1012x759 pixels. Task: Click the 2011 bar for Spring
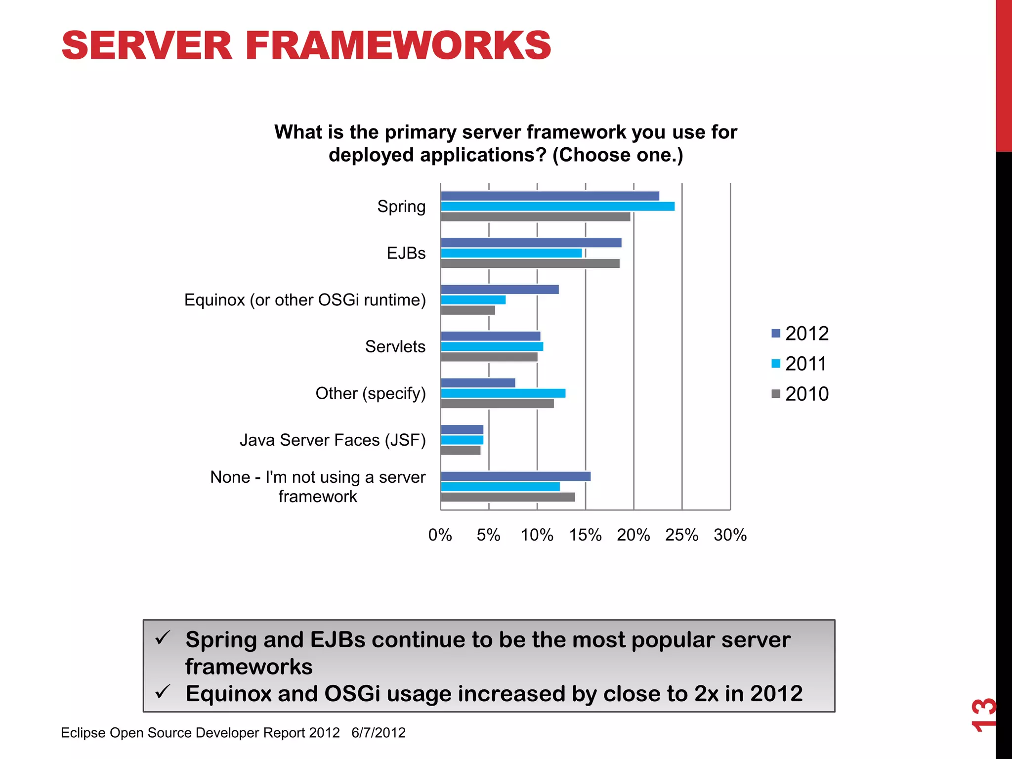point(557,207)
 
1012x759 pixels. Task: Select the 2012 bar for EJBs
point(531,243)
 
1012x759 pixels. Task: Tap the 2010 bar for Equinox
point(467,310)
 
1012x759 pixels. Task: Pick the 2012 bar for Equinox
point(500,290)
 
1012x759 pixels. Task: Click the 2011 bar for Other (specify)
point(503,393)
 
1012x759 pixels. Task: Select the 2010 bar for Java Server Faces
point(460,451)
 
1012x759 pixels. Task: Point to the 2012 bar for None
point(515,476)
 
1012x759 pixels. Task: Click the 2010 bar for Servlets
point(489,357)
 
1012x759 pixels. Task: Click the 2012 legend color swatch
point(776,334)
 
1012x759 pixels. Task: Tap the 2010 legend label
point(807,394)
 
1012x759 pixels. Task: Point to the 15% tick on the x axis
point(586,535)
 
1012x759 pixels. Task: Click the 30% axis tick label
point(730,535)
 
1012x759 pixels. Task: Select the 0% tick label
point(440,535)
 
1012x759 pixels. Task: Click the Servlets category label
point(395,346)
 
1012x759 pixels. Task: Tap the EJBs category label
point(406,253)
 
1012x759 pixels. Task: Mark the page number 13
point(983,715)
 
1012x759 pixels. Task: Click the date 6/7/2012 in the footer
point(379,732)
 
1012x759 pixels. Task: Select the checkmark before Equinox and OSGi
point(163,691)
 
